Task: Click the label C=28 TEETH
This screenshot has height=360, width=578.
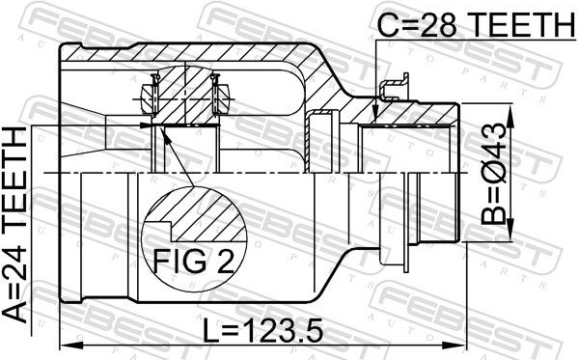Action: tap(477, 24)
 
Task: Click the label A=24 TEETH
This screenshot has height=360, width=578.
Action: tap(14, 225)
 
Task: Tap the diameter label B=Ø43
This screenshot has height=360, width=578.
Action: tap(494, 174)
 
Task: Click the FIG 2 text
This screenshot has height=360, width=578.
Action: tap(194, 262)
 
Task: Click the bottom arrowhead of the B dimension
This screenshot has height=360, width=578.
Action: tap(510, 230)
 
